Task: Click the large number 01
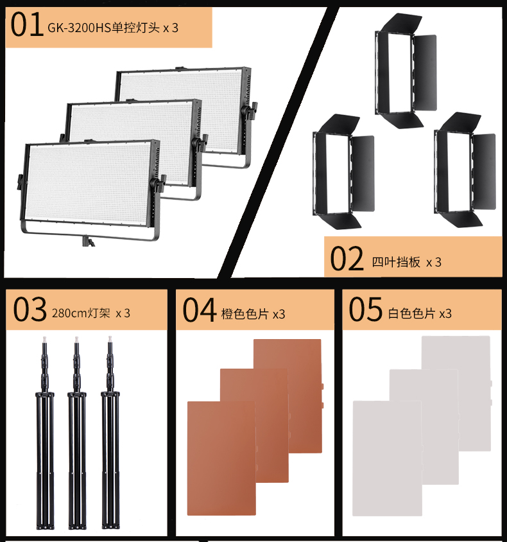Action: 27,24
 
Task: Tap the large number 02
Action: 347,258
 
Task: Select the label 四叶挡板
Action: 396,262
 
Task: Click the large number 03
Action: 30,309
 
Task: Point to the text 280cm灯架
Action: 81,313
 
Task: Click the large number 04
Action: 200,310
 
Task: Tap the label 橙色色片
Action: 245,314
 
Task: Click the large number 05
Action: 365,309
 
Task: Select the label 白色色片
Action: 411,313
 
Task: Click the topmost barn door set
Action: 405,71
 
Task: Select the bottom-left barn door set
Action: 343,172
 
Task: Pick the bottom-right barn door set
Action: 465,170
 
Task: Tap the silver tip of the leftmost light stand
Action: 44,340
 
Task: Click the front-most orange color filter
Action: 221,458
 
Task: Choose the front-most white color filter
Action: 387,459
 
